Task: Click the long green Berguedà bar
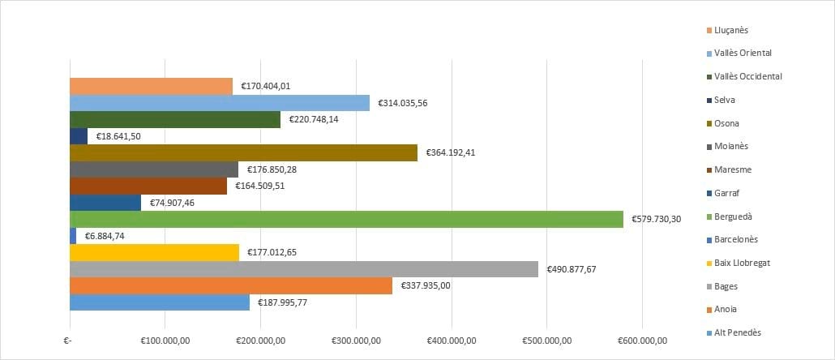tap(346, 219)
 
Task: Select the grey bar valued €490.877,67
tap(304, 269)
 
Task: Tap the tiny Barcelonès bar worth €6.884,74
tap(73, 235)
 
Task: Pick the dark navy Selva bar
tap(79, 136)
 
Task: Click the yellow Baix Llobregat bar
tap(154, 252)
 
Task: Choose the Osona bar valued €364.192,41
tap(243, 152)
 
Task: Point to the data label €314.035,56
tap(402, 103)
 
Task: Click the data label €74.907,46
tap(172, 203)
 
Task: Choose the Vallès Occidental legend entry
tap(747, 76)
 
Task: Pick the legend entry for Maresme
tap(732, 169)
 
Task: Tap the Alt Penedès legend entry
tap(737, 332)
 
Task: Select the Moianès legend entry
tap(732, 147)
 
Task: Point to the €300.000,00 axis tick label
tap(356, 341)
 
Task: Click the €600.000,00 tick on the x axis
tap(642, 341)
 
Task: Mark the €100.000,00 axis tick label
tap(165, 341)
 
